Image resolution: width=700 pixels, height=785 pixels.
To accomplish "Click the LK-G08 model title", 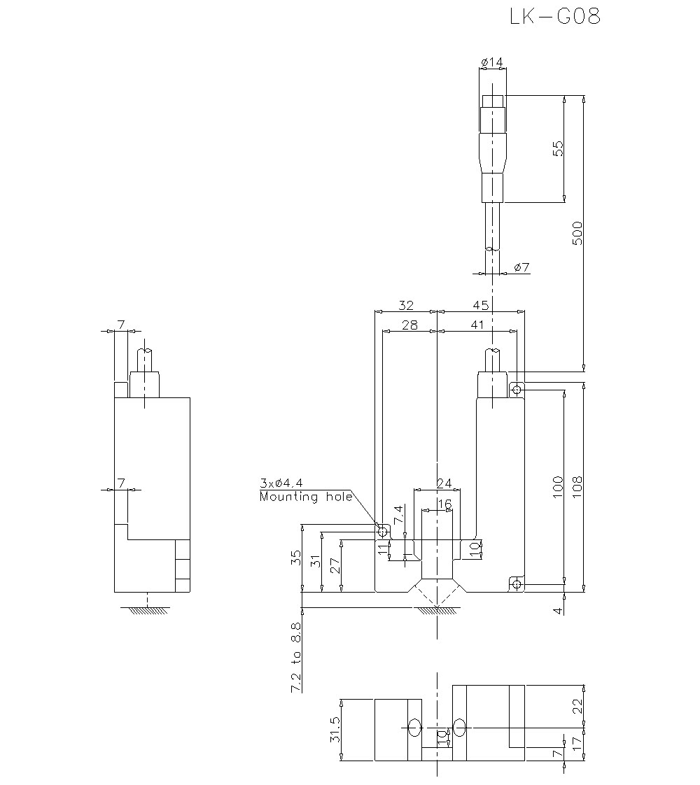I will point(555,17).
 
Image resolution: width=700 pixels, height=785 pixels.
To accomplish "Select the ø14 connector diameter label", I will point(492,63).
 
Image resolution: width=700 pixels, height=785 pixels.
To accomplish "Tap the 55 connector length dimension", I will point(557,148).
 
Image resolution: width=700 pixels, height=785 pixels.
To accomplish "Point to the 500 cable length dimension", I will point(577,233).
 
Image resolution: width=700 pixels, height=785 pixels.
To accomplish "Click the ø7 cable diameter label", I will point(521,267).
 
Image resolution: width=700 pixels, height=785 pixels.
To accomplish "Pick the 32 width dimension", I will point(406,306).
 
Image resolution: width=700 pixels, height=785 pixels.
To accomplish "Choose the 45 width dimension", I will point(480,306).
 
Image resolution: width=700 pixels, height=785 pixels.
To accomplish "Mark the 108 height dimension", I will point(577,484).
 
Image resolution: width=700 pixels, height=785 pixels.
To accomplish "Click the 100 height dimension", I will point(557,486).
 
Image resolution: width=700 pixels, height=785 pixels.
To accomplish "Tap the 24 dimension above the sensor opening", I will point(444,483).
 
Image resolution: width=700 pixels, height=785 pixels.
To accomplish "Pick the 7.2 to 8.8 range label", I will point(296,658).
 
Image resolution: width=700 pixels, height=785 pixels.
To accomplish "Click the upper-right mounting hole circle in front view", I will point(516,388).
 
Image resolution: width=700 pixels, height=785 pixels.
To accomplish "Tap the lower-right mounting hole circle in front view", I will point(516,584).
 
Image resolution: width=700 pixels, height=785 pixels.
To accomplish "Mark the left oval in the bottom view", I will point(414,728).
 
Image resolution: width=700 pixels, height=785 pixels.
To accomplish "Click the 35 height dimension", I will point(296,558).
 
